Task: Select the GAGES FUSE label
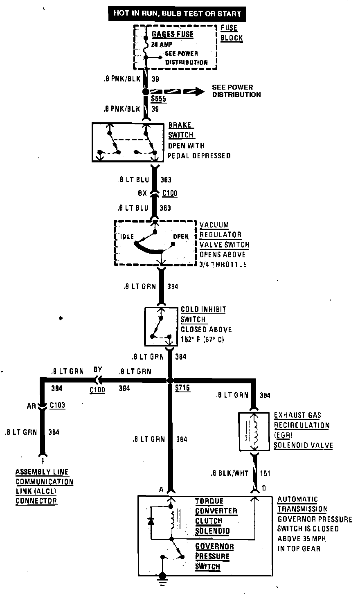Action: pos(172,34)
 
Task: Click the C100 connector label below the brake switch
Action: pos(170,193)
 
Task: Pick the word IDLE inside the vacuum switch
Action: pos(126,236)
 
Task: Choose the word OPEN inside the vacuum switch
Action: pos(181,236)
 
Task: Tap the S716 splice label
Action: pos(182,388)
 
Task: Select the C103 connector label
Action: pos(58,405)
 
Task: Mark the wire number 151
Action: pos(265,473)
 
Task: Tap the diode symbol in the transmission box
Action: pos(151,521)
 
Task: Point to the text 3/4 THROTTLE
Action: pos(223,264)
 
